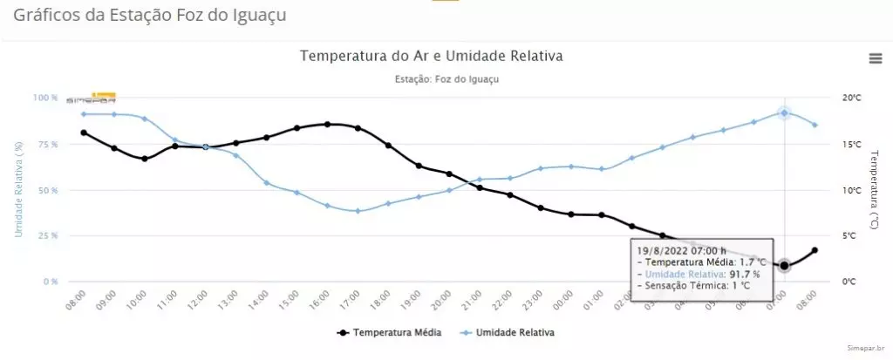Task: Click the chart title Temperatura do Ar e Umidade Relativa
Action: point(432,56)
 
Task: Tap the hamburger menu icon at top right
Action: point(876,58)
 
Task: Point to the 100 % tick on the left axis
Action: point(45,98)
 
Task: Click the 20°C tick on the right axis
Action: point(852,98)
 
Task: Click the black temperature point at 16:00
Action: point(327,124)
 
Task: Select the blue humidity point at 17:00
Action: point(358,211)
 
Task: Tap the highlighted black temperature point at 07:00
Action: point(784,265)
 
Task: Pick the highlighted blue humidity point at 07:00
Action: point(784,113)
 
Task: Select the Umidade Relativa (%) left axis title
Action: point(17,189)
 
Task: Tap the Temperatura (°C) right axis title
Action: point(875,189)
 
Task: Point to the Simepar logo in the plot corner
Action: point(91,98)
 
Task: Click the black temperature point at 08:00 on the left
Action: point(84,132)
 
